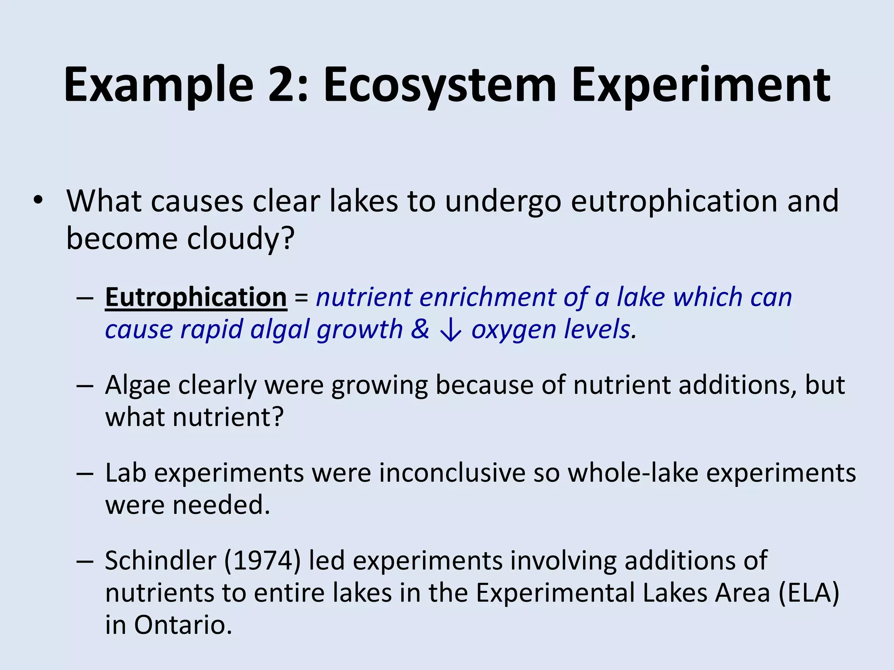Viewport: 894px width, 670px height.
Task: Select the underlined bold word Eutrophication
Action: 196,297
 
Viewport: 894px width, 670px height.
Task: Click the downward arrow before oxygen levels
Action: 450,330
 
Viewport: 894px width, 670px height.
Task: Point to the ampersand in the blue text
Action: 419,329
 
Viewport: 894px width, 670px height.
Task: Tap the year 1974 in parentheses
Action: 262,561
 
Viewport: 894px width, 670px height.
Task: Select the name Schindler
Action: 160,561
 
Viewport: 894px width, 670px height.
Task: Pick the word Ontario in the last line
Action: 182,625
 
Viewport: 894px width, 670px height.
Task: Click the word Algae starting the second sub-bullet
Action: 138,386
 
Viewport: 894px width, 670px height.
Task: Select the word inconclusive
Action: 452,473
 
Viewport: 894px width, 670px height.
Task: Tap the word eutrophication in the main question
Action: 675,201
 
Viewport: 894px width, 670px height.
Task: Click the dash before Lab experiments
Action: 84,474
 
